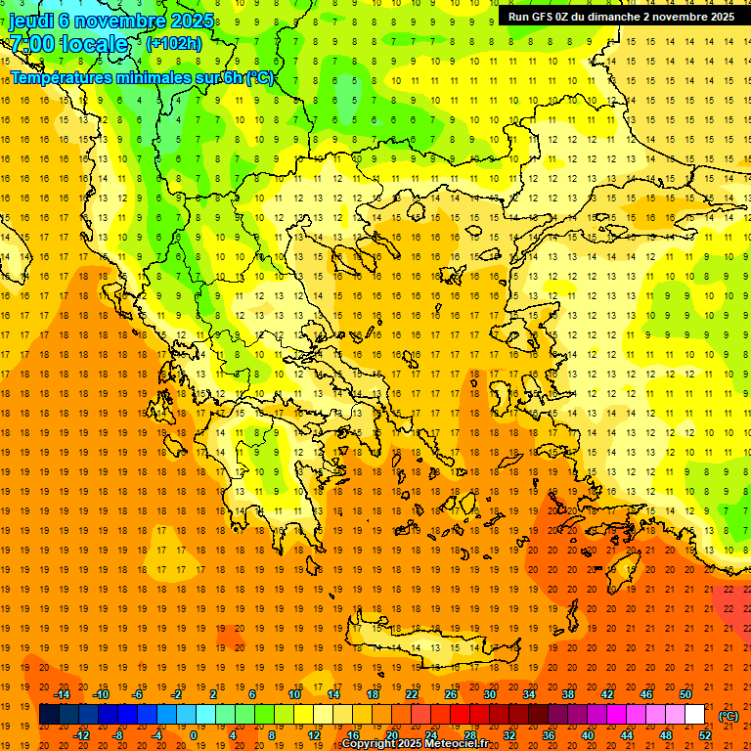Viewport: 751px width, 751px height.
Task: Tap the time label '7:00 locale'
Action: click(x=68, y=44)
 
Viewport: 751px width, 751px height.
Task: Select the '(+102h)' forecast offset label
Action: click(x=173, y=44)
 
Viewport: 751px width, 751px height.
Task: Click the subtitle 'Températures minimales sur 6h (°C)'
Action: click(x=142, y=77)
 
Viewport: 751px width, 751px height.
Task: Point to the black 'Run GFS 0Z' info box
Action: click(x=622, y=17)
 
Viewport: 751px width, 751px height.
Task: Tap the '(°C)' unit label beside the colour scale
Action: click(x=729, y=716)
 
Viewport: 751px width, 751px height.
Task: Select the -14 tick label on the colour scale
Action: click(x=65, y=693)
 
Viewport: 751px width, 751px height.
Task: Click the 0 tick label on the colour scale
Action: click(x=193, y=735)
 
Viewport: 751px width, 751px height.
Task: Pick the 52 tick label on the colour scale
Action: click(x=705, y=735)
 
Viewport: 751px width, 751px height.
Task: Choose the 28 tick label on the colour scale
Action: click(x=470, y=735)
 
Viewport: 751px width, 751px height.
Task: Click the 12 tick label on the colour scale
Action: click(x=314, y=735)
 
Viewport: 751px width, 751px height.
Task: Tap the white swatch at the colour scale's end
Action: click(x=695, y=715)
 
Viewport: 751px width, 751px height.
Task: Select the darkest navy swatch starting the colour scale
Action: click(x=49, y=715)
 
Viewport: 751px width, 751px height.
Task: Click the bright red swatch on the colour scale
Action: click(x=460, y=715)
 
